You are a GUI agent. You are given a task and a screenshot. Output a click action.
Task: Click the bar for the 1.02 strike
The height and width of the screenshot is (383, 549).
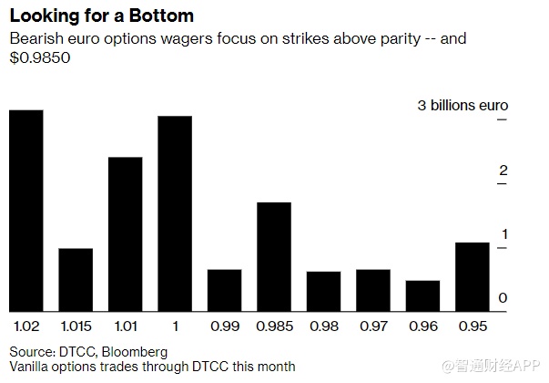tap(25, 210)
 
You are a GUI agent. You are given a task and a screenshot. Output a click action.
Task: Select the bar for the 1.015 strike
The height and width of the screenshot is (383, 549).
tap(76, 279)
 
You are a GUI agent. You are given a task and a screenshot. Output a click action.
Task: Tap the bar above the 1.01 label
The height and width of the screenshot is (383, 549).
tap(125, 233)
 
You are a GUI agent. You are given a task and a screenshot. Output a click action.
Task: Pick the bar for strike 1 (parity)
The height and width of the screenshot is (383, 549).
tap(175, 213)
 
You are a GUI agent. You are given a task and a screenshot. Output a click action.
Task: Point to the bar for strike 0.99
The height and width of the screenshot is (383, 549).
tap(224, 290)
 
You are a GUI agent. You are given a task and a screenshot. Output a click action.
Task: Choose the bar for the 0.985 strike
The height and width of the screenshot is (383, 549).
tap(274, 256)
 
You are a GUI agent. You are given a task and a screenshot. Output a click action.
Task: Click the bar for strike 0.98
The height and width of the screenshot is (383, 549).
tap(323, 291)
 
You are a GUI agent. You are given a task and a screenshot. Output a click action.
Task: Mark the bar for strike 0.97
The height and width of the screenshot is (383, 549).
tap(373, 290)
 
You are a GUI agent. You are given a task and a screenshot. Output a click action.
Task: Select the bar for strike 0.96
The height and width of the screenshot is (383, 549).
tap(422, 295)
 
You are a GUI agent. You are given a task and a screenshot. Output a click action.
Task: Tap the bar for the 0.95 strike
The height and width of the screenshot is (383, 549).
tap(473, 276)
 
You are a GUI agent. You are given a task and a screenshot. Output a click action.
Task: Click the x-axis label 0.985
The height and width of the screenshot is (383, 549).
tap(274, 325)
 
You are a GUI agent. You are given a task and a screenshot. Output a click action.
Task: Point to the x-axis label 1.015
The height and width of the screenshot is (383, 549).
tap(76, 325)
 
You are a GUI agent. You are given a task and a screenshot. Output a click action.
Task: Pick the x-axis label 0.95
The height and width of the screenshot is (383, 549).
tap(473, 325)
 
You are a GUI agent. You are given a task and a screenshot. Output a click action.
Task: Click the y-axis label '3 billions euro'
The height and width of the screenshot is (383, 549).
tap(463, 106)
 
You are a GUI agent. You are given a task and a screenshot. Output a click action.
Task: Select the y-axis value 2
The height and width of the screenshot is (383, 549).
tap(503, 171)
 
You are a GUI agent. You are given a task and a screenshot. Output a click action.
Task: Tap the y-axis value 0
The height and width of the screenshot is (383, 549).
tap(503, 298)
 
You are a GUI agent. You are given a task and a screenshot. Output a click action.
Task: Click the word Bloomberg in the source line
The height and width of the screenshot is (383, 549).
tap(137, 351)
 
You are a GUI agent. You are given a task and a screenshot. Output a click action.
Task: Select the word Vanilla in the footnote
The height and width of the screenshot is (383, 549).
tap(30, 367)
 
